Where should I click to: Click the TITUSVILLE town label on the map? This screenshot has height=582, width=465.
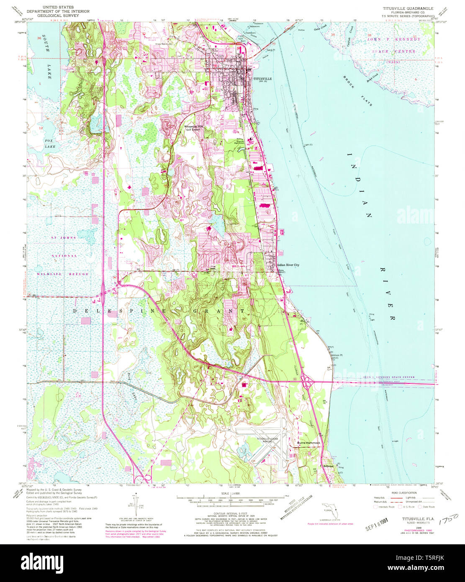click(x=262, y=79)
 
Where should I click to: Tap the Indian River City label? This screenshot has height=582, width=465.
click(x=288, y=265)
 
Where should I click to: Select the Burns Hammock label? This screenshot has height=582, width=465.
click(x=308, y=443)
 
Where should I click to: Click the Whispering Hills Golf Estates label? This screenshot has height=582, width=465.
click(x=191, y=128)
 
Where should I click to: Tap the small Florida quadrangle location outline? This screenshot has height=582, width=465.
click(x=331, y=510)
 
